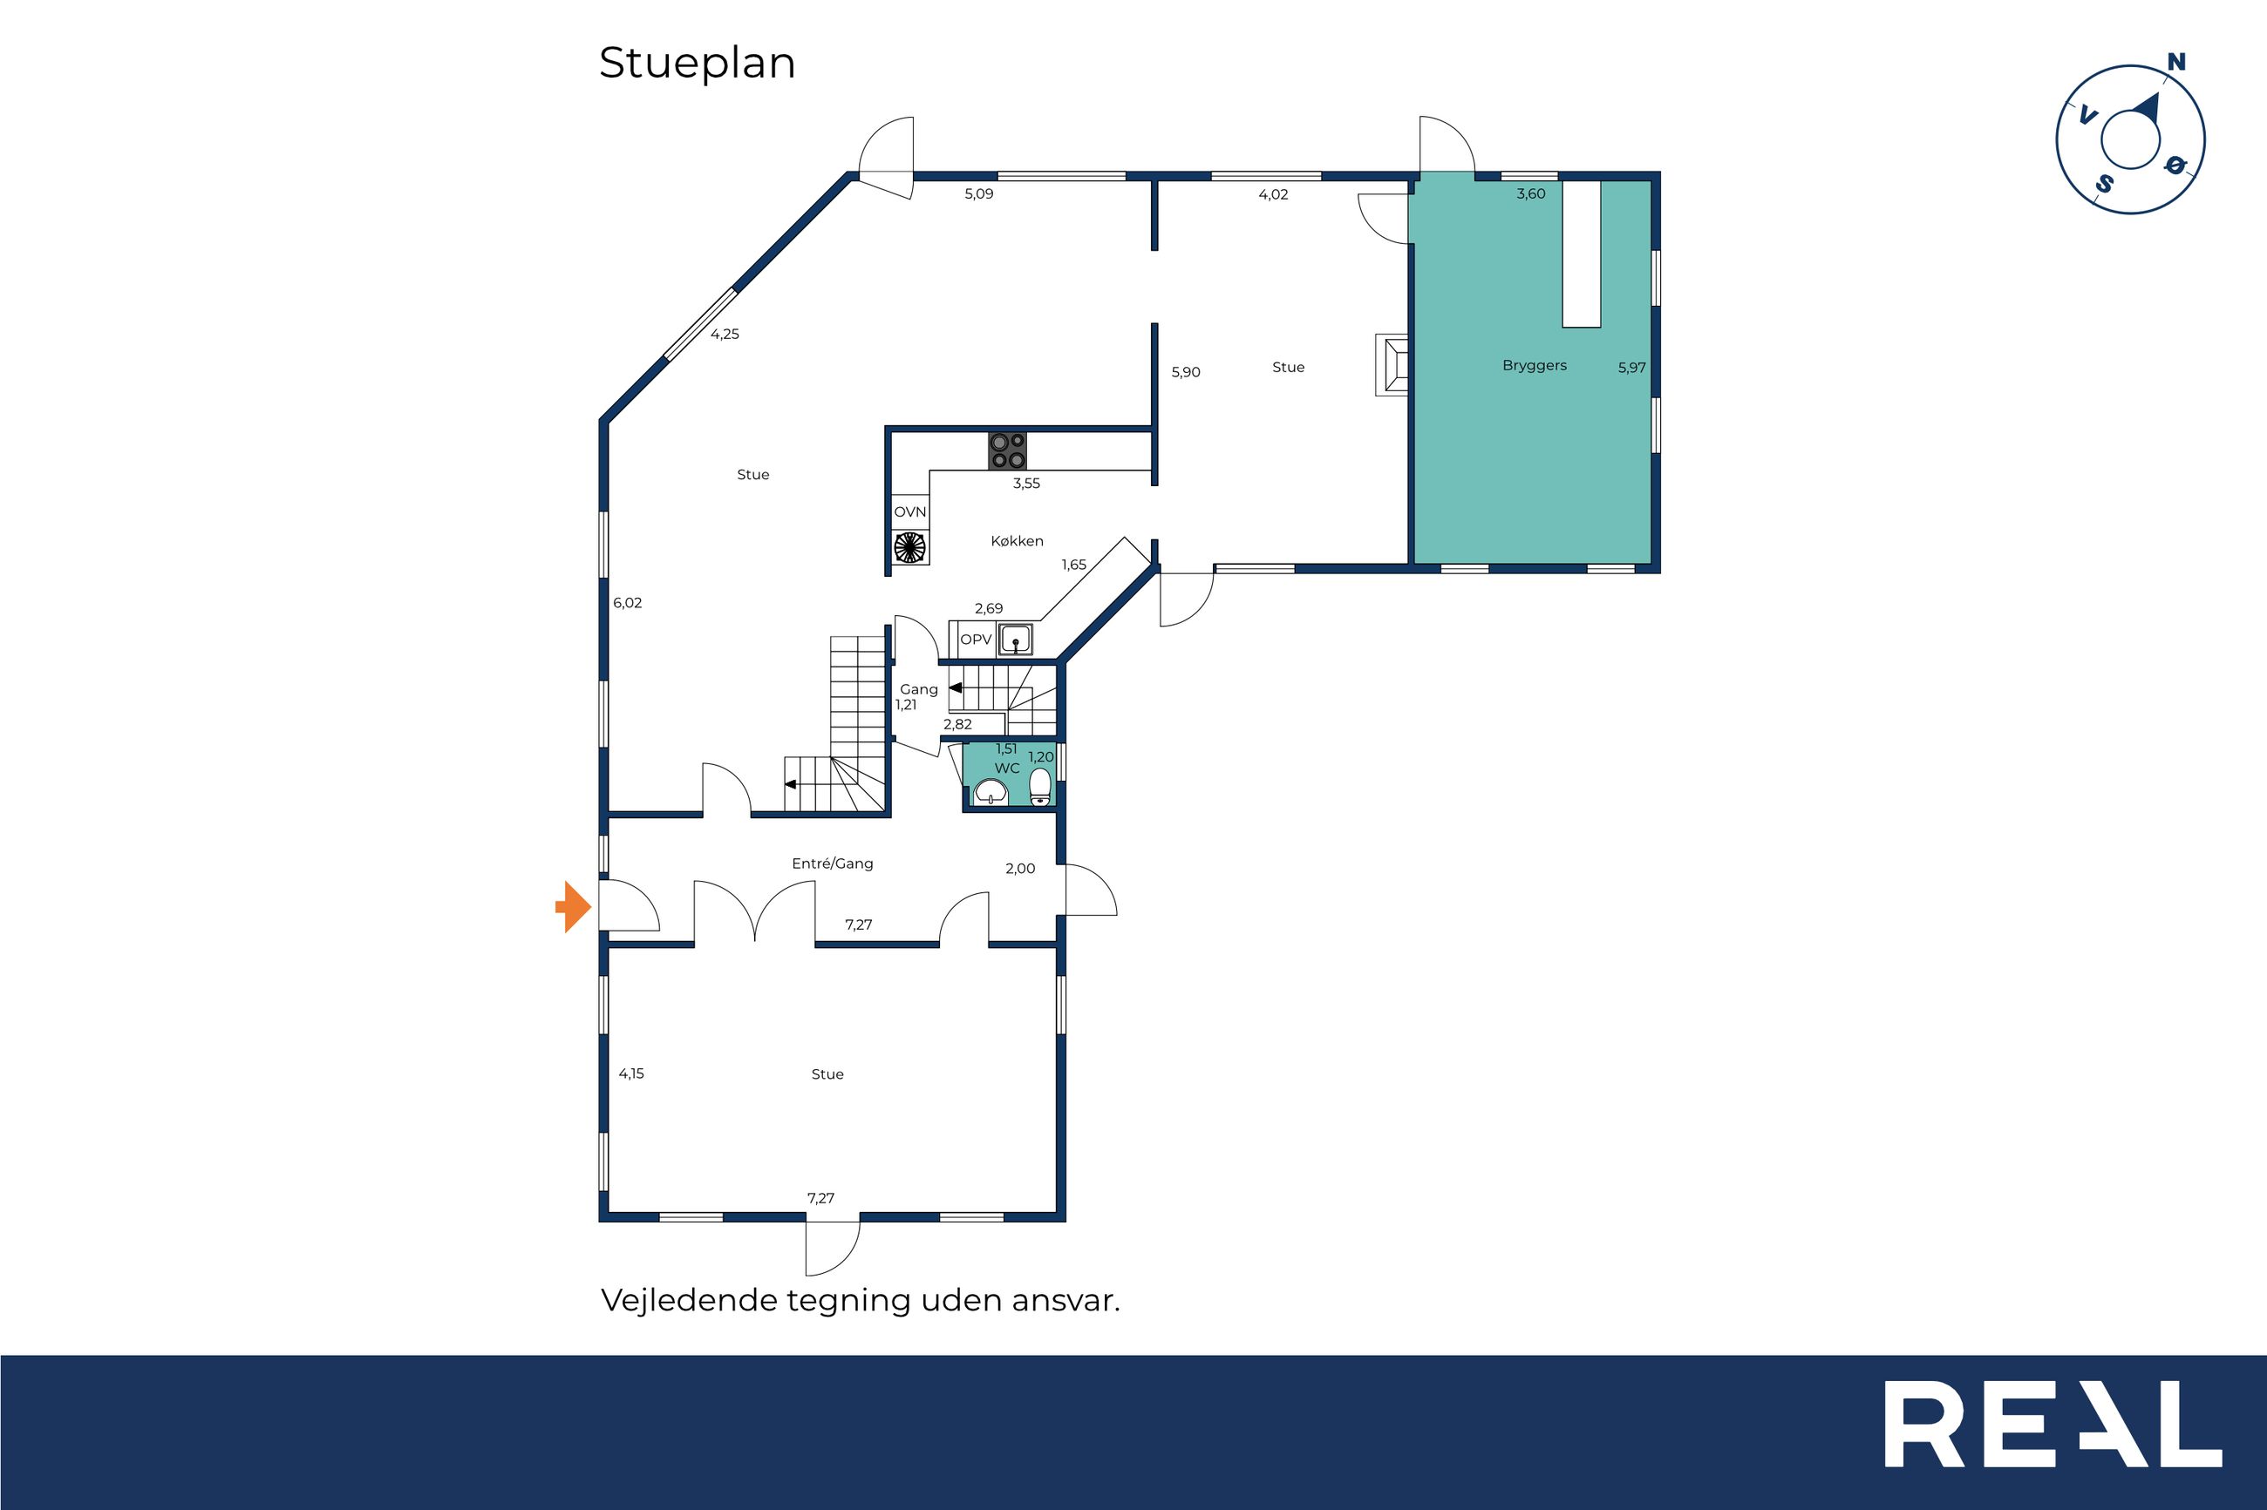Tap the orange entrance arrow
(x=573, y=906)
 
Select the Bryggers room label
(x=1534, y=366)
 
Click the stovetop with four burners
(x=1008, y=451)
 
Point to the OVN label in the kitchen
(x=909, y=512)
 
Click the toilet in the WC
(x=1040, y=787)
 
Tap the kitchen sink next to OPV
(x=1015, y=640)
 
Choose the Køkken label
(x=1017, y=541)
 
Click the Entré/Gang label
(x=833, y=863)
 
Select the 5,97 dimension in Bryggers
(x=1631, y=368)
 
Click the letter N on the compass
(x=2175, y=62)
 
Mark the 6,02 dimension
(x=627, y=604)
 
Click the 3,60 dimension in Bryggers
(x=1530, y=193)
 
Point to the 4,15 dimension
(x=631, y=1073)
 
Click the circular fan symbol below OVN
(x=909, y=548)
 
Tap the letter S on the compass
(x=2106, y=183)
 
